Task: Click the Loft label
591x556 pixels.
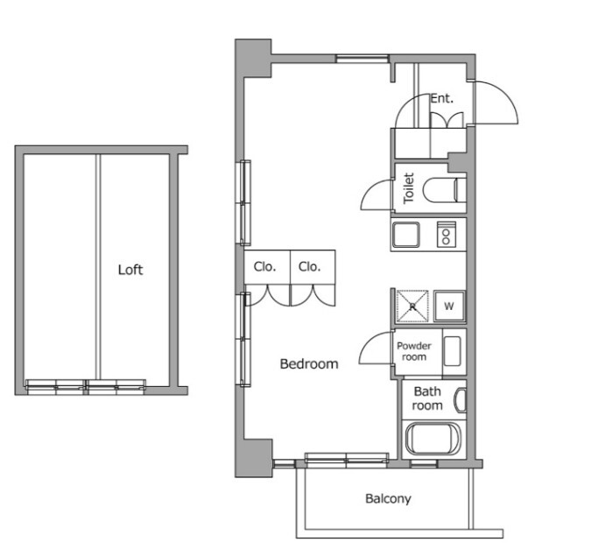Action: coord(130,270)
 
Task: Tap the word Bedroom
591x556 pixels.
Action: coord(309,363)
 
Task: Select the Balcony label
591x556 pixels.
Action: coord(388,499)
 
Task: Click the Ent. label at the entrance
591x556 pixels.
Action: coord(442,98)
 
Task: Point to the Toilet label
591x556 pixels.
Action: coord(409,188)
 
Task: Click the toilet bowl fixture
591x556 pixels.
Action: coord(444,190)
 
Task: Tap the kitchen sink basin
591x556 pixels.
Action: coord(406,235)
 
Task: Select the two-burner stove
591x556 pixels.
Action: coord(447,235)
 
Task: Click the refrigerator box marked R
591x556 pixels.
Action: coord(412,306)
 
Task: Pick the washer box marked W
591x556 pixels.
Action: coord(449,306)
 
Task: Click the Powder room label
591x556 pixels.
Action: coord(414,351)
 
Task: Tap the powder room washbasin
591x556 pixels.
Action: coord(453,351)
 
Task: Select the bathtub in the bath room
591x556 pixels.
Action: coord(433,439)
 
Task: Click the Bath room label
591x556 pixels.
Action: coord(427,398)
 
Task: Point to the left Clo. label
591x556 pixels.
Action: coord(264,267)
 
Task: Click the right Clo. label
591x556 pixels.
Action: coord(309,267)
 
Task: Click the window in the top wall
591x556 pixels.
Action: coord(362,59)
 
